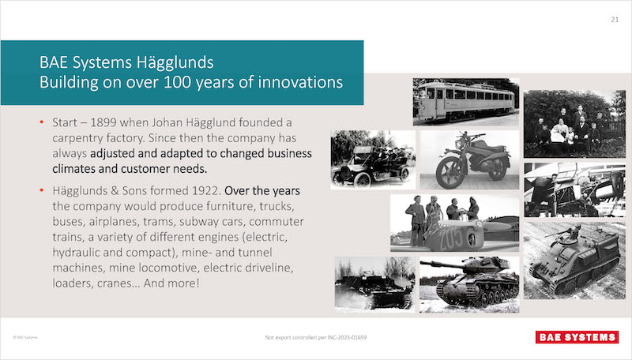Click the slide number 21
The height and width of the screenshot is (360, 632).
(615, 19)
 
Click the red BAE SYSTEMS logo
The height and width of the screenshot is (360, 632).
(577, 337)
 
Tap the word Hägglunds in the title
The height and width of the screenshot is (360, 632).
(175, 62)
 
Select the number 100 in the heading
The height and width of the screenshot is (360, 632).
(177, 82)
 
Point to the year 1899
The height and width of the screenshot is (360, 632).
(103, 122)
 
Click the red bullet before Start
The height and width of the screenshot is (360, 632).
(42, 122)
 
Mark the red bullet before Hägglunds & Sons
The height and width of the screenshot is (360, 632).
(42, 190)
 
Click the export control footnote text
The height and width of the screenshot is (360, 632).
(315, 337)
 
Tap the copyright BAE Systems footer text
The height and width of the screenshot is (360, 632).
(25, 337)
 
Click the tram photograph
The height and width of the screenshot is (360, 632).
(466, 102)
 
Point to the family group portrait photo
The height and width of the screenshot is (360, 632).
(574, 124)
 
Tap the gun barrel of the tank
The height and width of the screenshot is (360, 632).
(441, 265)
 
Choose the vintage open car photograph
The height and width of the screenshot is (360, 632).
(373, 159)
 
